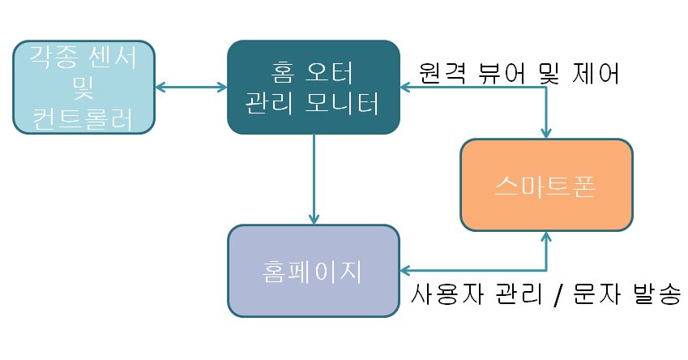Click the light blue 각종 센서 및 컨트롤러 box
pyautogui.click(x=84, y=87)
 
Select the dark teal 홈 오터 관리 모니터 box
pyautogui.click(x=313, y=87)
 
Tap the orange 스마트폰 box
pyautogui.click(x=545, y=185)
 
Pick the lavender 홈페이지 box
pyautogui.click(x=314, y=270)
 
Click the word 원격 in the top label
pyautogui.click(x=443, y=74)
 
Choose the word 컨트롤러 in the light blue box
pyautogui.click(x=84, y=118)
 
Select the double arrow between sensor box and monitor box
pyautogui.click(x=190, y=85)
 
